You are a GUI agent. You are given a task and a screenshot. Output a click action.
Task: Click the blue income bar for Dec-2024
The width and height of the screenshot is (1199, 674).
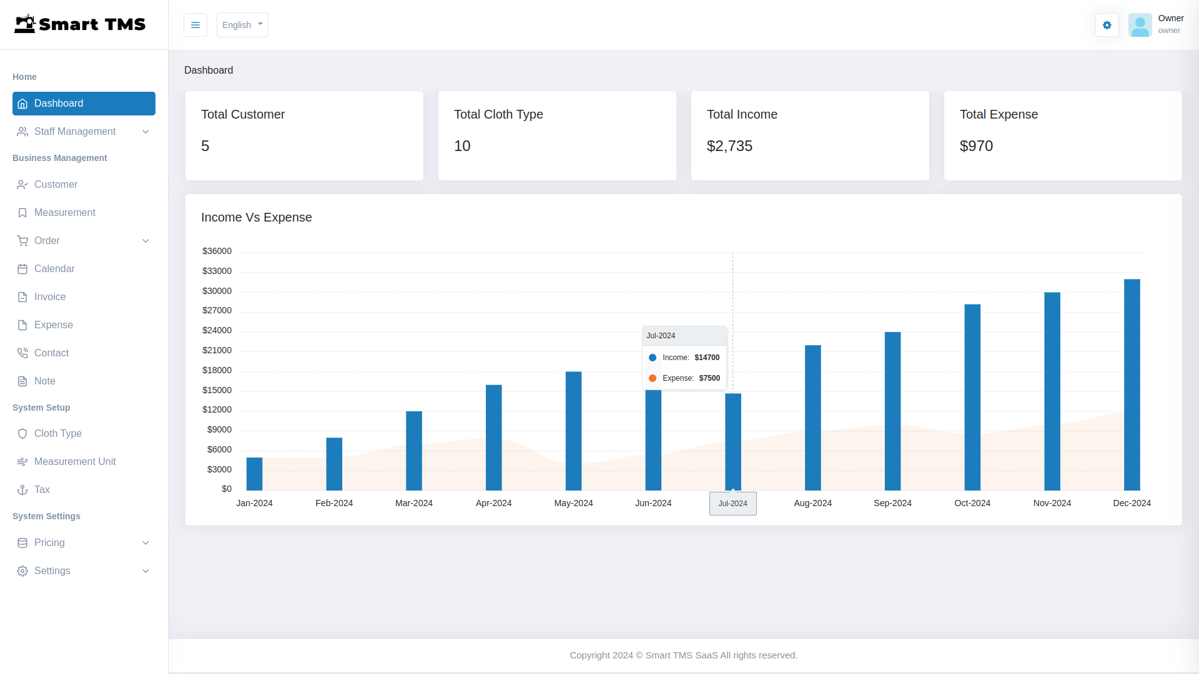(1132, 384)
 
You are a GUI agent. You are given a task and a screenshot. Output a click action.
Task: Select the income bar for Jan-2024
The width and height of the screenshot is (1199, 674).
(254, 474)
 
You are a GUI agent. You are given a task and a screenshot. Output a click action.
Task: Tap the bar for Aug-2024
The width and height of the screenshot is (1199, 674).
(812, 418)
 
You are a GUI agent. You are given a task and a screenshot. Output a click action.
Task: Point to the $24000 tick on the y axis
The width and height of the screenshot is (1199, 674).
(217, 331)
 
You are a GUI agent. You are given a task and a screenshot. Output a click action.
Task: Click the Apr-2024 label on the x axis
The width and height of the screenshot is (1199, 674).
(493, 503)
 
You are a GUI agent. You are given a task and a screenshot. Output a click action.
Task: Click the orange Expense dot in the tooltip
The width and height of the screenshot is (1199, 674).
(653, 378)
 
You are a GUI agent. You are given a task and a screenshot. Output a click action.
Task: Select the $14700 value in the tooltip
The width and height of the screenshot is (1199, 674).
(707, 358)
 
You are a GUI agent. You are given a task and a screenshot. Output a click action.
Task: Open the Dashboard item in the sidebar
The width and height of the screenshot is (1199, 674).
(84, 104)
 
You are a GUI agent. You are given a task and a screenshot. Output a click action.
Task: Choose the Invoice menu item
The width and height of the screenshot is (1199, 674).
(50, 297)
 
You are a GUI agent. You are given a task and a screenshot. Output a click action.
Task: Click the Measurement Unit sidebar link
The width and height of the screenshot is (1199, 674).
(75, 462)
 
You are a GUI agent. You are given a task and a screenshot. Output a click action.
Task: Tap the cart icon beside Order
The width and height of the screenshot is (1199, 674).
(22, 241)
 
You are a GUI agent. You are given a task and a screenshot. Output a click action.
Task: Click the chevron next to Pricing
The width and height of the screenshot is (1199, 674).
(146, 543)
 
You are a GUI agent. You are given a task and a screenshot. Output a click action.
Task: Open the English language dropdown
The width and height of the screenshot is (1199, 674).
(242, 25)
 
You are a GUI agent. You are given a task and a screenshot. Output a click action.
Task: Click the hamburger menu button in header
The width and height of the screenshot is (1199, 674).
(195, 25)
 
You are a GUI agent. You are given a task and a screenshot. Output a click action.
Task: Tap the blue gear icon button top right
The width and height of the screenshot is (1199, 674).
(1107, 25)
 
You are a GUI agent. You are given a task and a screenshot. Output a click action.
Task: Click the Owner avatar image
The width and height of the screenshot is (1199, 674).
(1140, 25)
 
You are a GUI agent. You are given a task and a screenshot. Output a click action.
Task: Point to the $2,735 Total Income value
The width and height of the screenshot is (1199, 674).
(729, 146)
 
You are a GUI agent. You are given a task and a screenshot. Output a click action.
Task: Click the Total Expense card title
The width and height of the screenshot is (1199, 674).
(999, 115)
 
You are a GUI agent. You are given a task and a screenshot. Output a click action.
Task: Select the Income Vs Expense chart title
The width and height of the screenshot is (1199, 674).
(256, 218)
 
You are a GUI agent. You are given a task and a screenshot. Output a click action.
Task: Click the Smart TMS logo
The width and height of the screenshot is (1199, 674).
(80, 24)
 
